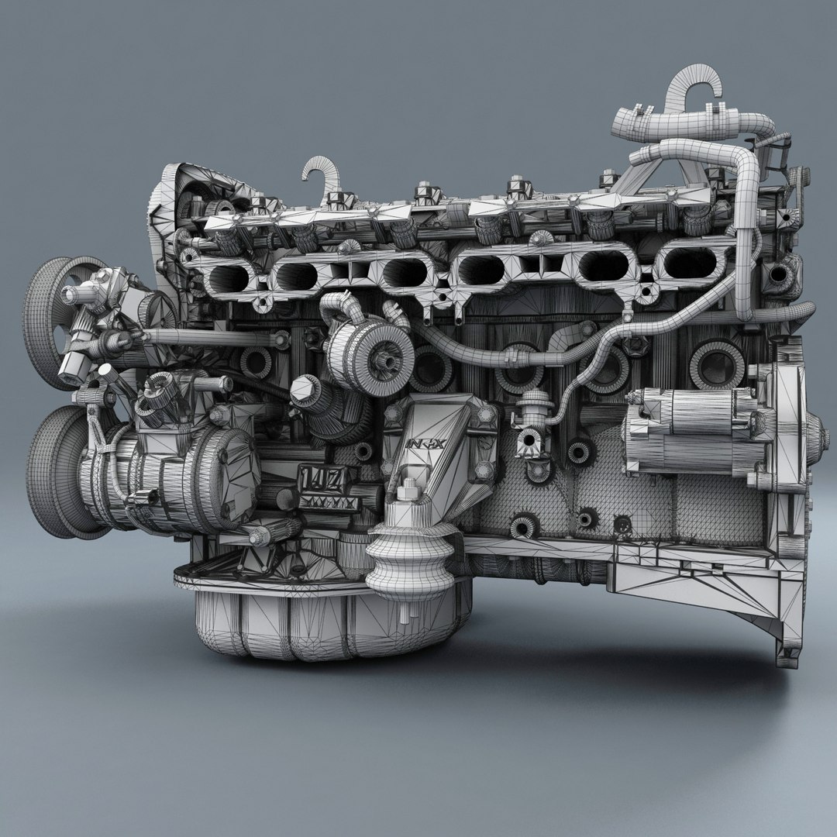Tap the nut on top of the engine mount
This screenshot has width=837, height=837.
[408, 490]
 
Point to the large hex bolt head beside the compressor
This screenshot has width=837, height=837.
[305, 385]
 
